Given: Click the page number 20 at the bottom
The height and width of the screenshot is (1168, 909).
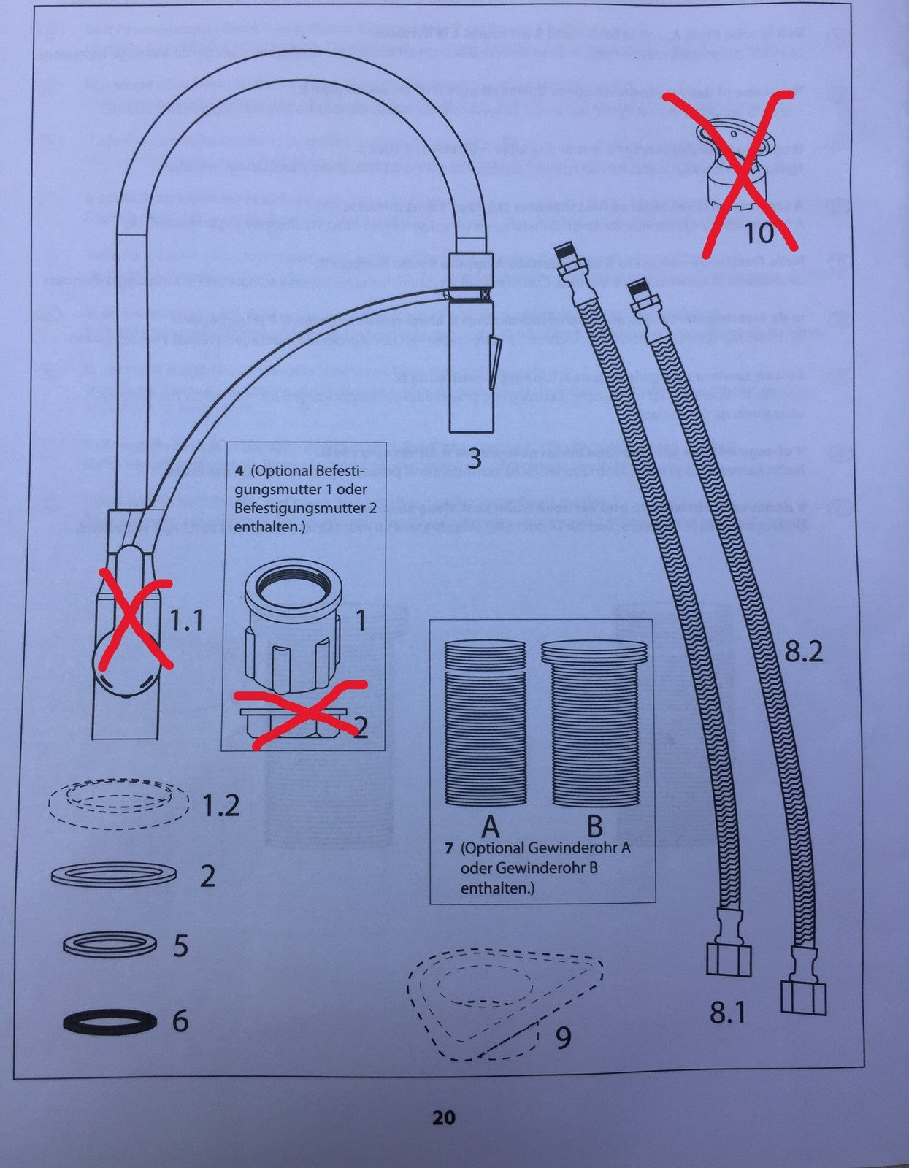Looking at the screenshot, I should tap(443, 1118).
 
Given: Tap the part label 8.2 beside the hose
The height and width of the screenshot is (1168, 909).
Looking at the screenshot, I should tap(803, 651).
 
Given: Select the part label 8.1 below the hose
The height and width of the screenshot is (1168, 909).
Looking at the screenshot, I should tap(727, 1013).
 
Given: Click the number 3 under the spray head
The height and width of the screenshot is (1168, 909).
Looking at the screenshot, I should tap(475, 458).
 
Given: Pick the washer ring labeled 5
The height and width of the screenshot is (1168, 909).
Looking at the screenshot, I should tap(110, 945).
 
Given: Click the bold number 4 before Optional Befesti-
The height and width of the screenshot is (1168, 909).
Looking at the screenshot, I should tap(239, 470).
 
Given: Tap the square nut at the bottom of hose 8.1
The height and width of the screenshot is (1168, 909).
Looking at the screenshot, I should tap(729, 958).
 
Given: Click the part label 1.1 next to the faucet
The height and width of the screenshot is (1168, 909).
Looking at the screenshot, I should tap(186, 620).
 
